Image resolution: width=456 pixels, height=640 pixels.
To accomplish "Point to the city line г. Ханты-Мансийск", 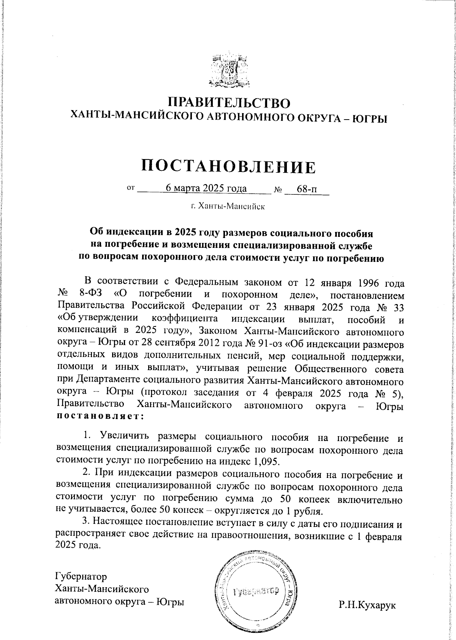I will (228, 207).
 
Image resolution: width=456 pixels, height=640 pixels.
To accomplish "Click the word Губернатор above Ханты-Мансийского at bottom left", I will (81, 576).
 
